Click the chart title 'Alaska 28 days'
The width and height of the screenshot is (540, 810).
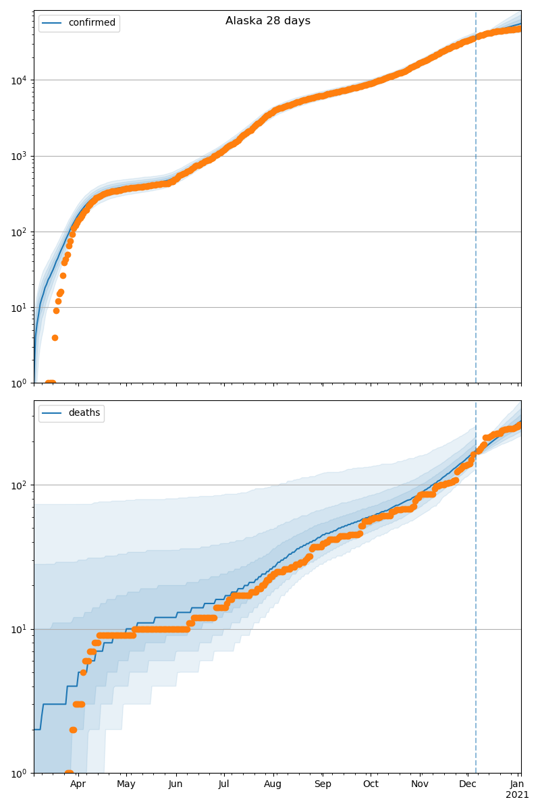pos(268,21)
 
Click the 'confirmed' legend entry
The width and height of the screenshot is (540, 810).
pos(92,23)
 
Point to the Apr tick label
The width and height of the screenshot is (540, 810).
pos(78,784)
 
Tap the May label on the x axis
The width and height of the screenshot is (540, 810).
pos(126,784)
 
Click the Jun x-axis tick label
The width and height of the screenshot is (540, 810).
pos(175,784)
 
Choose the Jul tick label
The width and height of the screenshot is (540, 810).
pos(223,784)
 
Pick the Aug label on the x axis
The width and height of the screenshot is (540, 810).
pos(273,784)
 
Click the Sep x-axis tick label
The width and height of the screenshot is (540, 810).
pos(323,784)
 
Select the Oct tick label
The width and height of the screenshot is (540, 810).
pos(371,784)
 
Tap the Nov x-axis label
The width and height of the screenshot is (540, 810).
pos(420,784)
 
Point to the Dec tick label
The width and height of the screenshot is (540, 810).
pos(468,784)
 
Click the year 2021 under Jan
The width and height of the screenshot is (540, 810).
pos(517,795)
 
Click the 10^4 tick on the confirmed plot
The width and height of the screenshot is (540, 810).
pos(18,80)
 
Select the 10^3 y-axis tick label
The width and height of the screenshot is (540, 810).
pos(18,156)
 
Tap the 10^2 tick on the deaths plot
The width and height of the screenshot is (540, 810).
pos(18,485)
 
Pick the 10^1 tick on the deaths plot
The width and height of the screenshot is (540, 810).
pos(18,629)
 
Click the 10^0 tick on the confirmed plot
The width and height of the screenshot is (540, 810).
pos(18,383)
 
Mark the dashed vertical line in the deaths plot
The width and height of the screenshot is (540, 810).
pos(476,607)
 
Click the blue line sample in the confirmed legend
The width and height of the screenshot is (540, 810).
pos(53,23)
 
